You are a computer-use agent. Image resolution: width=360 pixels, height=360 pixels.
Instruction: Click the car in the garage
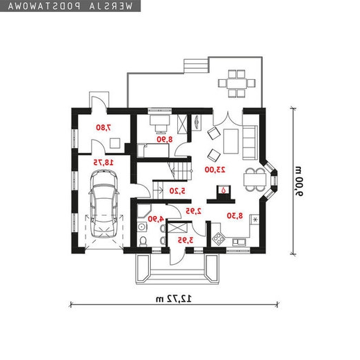(104, 204)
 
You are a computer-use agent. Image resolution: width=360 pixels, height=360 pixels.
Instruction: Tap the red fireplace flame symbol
(223, 190)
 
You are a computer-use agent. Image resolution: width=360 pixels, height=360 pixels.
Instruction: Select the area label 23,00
(215, 170)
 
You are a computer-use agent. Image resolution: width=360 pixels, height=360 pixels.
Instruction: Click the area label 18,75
(104, 163)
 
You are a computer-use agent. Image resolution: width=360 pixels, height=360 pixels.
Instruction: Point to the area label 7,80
(104, 127)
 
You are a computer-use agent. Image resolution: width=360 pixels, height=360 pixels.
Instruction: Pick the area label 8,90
(165, 139)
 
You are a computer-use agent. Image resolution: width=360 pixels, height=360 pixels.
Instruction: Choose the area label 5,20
(177, 191)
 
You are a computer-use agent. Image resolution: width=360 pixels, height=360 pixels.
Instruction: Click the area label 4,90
(156, 219)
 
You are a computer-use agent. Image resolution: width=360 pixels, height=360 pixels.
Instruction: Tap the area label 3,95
(186, 240)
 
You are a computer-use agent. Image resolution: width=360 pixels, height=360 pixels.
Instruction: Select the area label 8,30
(235, 215)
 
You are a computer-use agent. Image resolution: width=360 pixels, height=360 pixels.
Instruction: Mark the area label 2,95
(193, 211)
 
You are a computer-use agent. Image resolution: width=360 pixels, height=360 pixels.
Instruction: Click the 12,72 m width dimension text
(174, 299)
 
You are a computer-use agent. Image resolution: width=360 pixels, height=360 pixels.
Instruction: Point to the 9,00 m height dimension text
(299, 181)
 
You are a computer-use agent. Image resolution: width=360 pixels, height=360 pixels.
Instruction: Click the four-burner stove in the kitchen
(219, 238)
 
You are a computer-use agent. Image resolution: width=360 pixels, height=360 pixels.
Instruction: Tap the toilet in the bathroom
(143, 241)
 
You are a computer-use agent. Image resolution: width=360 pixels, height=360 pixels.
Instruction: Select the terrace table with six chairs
(236, 83)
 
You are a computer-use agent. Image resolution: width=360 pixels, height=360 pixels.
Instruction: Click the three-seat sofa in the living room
(250, 142)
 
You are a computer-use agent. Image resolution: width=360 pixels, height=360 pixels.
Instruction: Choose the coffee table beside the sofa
(231, 141)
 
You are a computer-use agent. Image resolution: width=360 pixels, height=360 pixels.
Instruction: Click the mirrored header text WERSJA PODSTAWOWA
(70, 6)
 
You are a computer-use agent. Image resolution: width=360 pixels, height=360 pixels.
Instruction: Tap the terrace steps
(197, 66)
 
